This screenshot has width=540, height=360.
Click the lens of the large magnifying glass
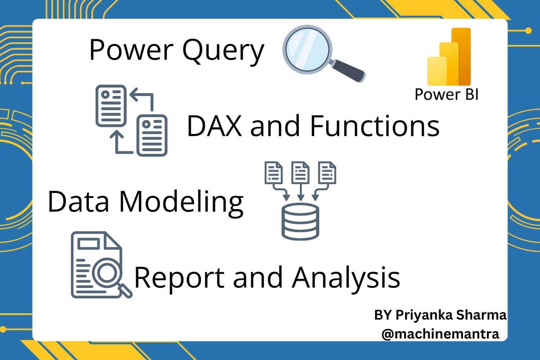point(307,49)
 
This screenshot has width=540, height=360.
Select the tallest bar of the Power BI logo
point(461,57)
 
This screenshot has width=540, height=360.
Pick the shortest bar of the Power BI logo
point(437,71)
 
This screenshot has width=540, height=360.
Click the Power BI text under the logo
point(446,94)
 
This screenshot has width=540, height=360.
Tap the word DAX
point(214,126)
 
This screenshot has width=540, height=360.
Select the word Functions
point(375,126)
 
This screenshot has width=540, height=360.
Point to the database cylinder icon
point(300,222)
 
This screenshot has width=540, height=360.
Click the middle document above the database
point(300,173)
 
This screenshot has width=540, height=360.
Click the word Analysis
point(346,278)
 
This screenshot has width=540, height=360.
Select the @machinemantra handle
point(440,334)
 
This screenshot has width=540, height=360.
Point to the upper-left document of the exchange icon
point(111,106)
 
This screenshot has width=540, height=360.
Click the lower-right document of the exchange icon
point(152,135)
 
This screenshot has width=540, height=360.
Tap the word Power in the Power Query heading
point(131,50)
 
